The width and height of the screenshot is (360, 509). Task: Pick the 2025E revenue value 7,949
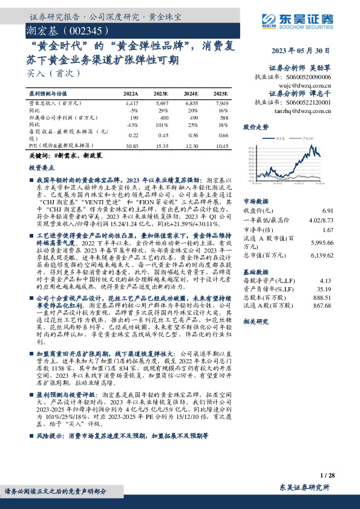pos(221,105)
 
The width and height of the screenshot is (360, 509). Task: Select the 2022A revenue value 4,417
pos(131,105)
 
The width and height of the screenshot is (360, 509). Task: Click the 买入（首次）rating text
pos(46,73)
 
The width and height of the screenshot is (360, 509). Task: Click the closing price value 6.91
pos(328,210)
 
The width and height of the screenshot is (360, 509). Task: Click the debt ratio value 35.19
pos(325,290)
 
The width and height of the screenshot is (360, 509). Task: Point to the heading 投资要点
pos(41,167)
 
